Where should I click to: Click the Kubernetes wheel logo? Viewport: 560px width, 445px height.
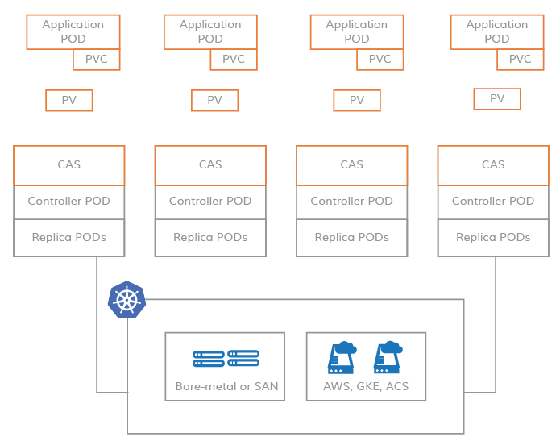[127, 300]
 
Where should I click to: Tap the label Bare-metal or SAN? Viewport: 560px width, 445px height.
[226, 386]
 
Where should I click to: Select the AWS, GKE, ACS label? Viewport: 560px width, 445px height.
[367, 386]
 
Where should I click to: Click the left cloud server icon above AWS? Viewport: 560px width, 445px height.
[342, 357]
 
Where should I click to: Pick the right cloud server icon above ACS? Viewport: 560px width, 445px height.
[388, 357]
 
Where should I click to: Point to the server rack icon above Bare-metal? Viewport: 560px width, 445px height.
[226, 359]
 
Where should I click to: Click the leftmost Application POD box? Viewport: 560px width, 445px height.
[73, 31]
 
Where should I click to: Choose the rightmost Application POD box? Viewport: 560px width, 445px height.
[496, 31]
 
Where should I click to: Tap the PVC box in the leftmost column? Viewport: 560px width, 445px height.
[97, 60]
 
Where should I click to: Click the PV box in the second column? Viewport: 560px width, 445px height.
[214, 101]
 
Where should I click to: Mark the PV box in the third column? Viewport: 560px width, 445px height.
[357, 101]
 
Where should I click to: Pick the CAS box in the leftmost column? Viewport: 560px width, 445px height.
[69, 164]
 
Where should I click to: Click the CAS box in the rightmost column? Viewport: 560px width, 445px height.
[493, 164]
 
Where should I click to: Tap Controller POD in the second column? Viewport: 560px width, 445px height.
[210, 202]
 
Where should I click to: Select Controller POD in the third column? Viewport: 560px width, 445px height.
[352, 202]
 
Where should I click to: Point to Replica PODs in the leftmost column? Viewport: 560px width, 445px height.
[69, 238]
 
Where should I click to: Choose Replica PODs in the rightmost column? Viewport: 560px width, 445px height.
[493, 238]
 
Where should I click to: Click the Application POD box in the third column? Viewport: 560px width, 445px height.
[356, 31]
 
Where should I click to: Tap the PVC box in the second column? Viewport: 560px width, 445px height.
[234, 60]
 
